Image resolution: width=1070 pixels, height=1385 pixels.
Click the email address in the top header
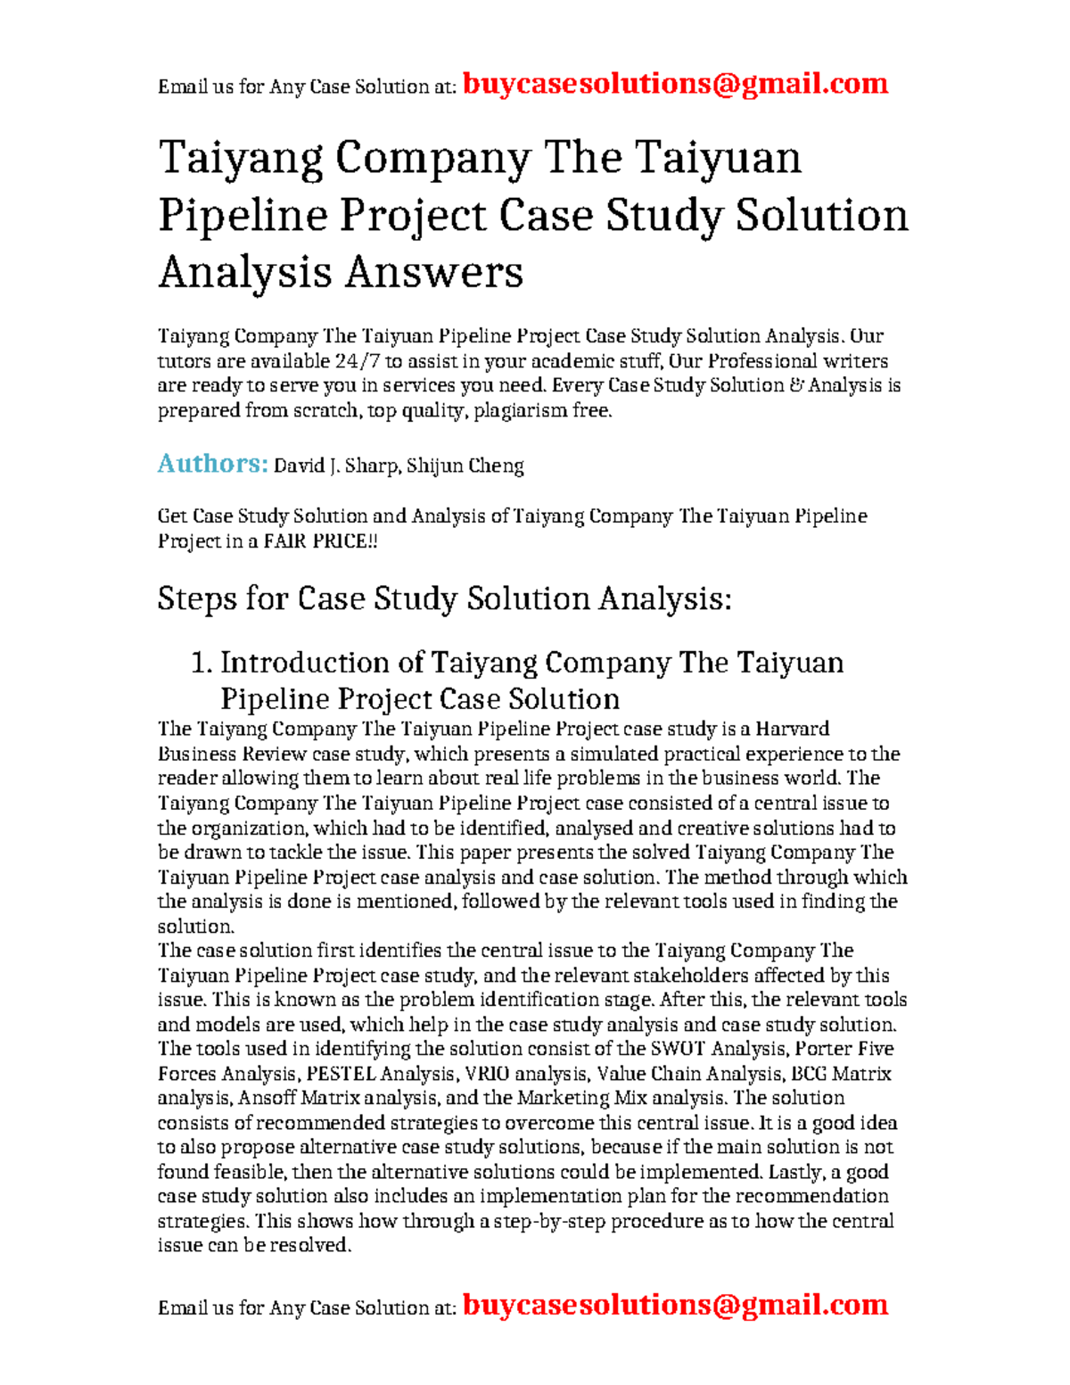point(676,84)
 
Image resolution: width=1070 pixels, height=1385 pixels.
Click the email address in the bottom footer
point(676,1305)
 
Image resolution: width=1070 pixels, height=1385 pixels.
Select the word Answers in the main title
point(433,272)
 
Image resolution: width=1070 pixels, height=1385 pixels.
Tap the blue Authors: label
point(212,464)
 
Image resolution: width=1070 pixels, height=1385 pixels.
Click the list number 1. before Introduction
point(202,663)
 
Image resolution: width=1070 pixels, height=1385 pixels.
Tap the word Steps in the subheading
point(196,598)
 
